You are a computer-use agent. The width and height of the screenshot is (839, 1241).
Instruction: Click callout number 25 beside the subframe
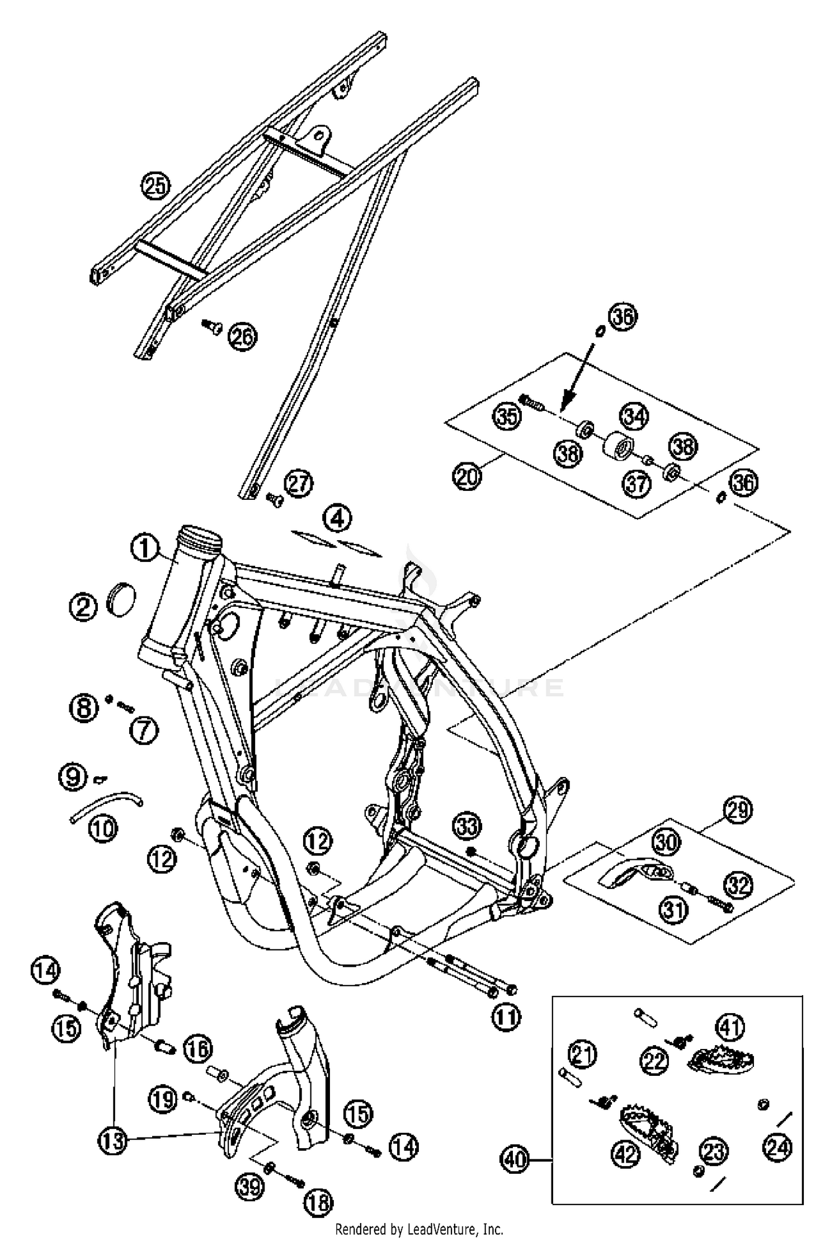pos(155,185)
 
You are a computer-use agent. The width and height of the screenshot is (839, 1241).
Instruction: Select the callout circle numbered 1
pos(145,547)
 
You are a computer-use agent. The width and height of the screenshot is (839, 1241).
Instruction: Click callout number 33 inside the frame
pos(466,826)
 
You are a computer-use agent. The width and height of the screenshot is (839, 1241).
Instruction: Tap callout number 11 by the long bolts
pos(506,1017)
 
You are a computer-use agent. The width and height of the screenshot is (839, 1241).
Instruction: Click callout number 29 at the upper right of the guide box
pos(738,809)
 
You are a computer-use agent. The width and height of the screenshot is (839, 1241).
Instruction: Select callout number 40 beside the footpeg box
pos(515,1158)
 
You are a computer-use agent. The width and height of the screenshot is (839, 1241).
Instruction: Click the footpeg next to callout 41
pos(723,1058)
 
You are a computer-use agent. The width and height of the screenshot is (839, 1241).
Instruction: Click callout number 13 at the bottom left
pos(112,1140)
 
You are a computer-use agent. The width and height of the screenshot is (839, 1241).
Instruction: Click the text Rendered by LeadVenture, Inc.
pos(419,1229)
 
